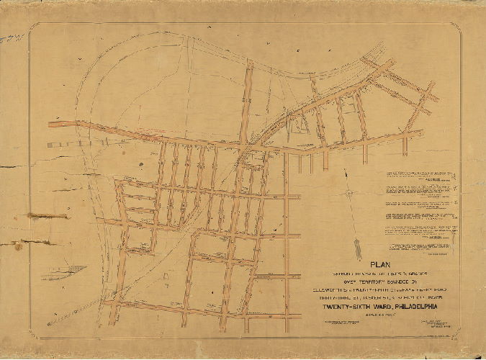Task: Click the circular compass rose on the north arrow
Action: (348, 193)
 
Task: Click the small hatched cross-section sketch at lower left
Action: (63, 271)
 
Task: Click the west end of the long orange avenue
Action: (52, 125)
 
